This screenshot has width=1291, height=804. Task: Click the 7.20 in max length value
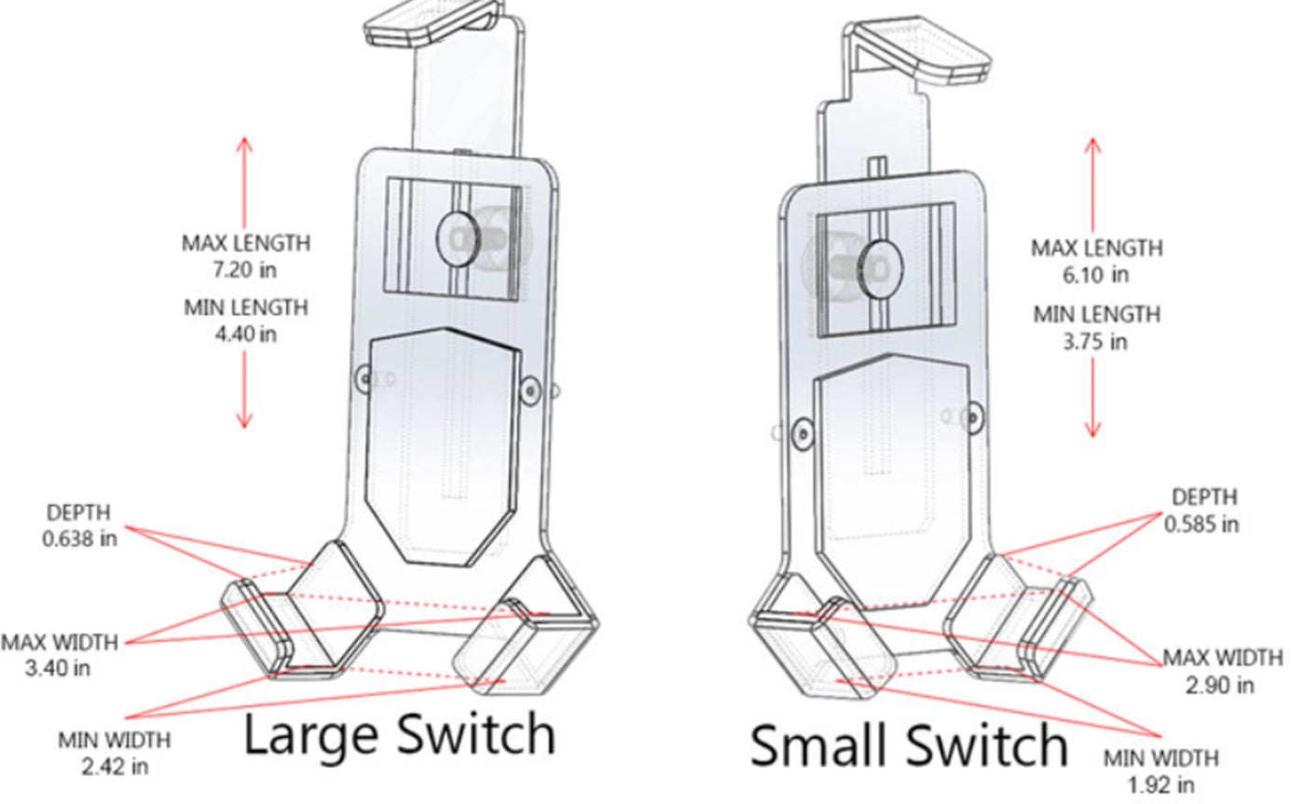coord(245,270)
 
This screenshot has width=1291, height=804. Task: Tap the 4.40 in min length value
coord(245,334)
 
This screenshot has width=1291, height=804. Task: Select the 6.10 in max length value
coord(1095,275)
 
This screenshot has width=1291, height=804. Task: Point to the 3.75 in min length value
coord(1095,341)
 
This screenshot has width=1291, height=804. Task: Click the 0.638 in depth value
coord(79,538)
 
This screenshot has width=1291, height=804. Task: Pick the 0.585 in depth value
coord(1202,524)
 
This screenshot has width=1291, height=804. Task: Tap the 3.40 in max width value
coord(58,668)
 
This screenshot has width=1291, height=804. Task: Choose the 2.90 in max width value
coord(1219,685)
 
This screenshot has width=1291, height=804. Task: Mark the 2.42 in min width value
coord(114,766)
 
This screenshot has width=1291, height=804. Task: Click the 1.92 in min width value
coord(1160,784)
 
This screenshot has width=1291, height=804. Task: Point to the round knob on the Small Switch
coord(878,264)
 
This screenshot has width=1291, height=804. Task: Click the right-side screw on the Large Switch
coord(529,390)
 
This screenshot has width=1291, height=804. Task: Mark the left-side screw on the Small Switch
coord(800,432)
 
